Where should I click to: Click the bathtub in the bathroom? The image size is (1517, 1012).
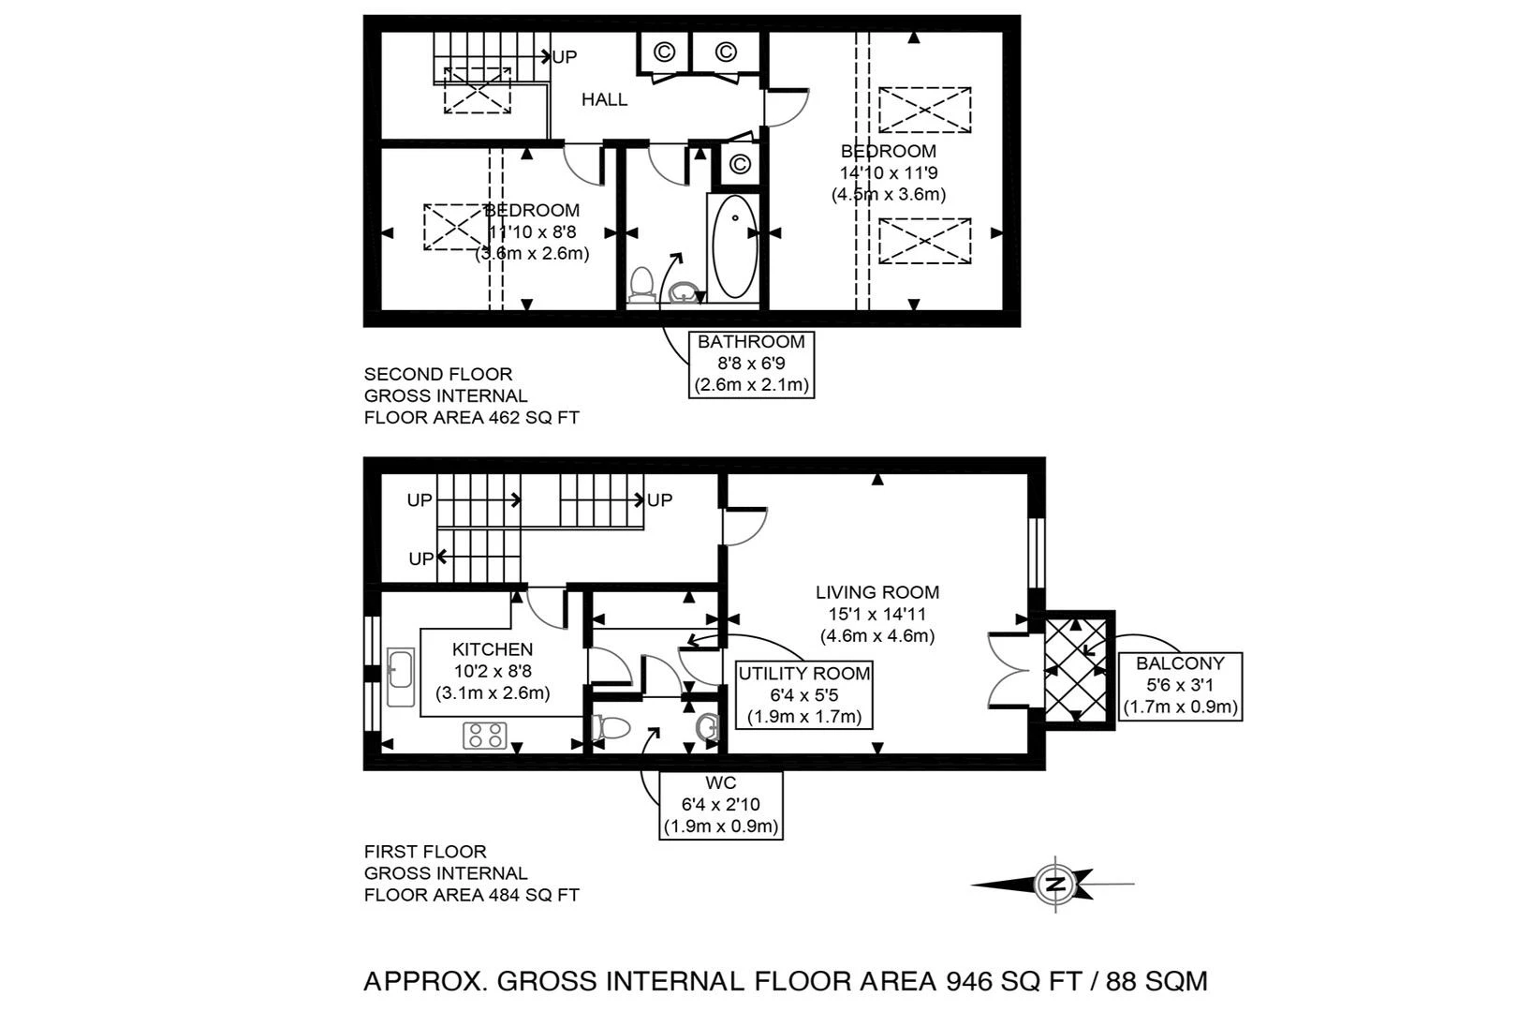735,247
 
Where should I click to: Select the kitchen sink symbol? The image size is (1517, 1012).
401,677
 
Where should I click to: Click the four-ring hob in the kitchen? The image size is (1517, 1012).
485,736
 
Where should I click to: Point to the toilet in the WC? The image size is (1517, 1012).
611,727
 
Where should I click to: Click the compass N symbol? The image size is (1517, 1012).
1055,884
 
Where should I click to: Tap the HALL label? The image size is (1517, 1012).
604,99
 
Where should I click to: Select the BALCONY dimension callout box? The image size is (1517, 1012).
1180,685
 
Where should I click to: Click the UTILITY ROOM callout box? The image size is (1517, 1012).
803,695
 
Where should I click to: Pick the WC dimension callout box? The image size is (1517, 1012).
721,805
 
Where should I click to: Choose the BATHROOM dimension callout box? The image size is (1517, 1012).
751,364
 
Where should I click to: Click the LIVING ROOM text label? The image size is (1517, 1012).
876,592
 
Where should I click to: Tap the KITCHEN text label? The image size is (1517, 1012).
493,649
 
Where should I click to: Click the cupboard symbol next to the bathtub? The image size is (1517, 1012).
739,165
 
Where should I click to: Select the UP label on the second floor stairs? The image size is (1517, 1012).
565,57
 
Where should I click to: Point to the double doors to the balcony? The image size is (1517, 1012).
1011,671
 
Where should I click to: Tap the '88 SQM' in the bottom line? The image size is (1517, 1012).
1156,981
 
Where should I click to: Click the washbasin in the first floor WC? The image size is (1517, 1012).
708,727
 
